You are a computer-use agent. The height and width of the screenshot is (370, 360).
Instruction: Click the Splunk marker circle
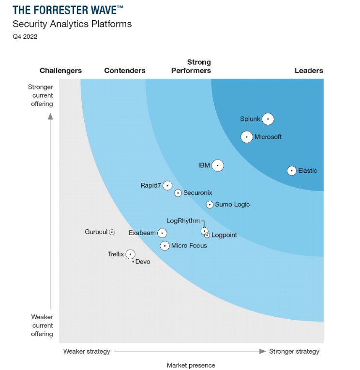click(268, 119)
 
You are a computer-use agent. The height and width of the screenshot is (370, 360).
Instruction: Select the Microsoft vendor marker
click(247, 137)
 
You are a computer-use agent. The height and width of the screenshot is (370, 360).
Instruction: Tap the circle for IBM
click(218, 165)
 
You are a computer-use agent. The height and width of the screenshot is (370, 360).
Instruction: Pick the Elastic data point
click(291, 171)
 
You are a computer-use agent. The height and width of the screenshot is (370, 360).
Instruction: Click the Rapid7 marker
click(167, 185)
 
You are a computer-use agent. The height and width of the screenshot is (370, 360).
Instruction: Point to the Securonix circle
click(178, 193)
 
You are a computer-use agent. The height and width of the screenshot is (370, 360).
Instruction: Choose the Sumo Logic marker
click(210, 205)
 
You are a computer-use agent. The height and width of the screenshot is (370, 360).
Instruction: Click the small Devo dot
click(133, 262)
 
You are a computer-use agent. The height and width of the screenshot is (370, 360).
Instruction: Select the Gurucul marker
click(112, 232)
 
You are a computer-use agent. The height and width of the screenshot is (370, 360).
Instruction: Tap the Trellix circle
click(130, 254)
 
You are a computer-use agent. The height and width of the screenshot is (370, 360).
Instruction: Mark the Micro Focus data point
click(165, 246)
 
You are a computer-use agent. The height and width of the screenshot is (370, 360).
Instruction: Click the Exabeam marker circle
click(162, 233)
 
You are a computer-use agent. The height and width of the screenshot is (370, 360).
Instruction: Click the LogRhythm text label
click(183, 221)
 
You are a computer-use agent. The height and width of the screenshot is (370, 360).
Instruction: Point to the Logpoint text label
click(225, 236)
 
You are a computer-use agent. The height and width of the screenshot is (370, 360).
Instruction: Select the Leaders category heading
click(309, 71)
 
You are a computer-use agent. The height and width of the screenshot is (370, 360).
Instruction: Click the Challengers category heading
click(60, 71)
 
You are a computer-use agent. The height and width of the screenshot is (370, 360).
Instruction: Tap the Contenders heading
click(125, 71)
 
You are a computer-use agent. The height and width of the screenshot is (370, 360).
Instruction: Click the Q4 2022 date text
click(25, 36)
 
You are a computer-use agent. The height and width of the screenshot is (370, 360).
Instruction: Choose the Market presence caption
click(191, 365)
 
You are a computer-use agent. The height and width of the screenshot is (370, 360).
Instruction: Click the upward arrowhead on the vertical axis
click(50, 116)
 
